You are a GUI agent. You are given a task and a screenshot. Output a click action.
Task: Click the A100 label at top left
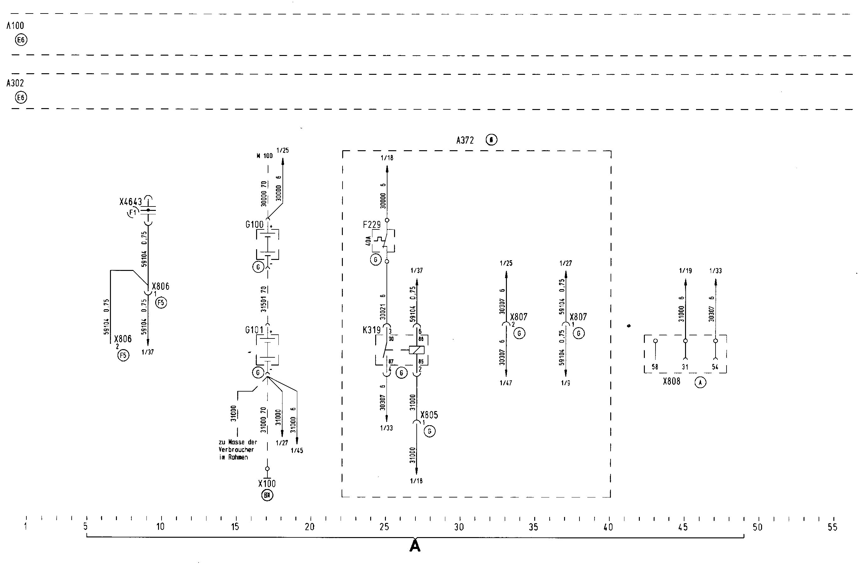(15, 25)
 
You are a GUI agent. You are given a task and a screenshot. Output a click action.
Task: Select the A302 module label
(15, 83)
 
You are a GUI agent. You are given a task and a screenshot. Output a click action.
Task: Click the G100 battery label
(254, 225)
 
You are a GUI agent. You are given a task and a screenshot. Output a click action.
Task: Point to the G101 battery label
(254, 330)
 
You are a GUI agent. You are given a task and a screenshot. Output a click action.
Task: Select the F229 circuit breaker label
(371, 225)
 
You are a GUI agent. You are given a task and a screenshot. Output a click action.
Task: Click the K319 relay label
(371, 330)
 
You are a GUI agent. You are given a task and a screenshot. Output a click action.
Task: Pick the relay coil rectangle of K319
(416, 350)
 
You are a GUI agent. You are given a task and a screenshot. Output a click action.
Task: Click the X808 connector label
(671, 382)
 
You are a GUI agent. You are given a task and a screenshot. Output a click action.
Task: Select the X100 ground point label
(267, 484)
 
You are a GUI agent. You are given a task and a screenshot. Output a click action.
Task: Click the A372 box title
(465, 140)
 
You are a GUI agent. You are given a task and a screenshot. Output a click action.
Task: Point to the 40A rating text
(368, 241)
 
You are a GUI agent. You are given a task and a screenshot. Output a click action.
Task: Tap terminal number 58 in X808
(655, 367)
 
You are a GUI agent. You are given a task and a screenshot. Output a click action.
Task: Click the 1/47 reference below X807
(506, 383)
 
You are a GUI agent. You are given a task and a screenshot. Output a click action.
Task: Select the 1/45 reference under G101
(297, 451)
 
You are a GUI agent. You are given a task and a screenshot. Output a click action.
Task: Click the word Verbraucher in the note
(236, 450)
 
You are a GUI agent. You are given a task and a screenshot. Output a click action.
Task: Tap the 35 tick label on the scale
(533, 527)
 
